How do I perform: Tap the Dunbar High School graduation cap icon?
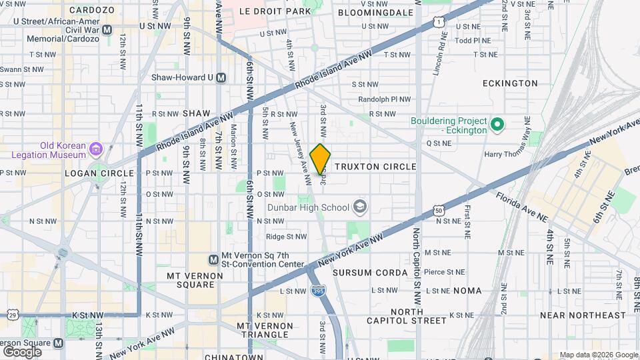361,207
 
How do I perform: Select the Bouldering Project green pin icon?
496,125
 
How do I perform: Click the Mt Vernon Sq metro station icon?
214,259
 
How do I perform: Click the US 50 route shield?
438,211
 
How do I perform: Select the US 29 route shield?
12,314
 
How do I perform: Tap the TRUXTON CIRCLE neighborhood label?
375,167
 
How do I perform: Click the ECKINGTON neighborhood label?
510,83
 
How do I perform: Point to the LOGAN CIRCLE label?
91,173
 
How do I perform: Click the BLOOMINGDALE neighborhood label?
377,12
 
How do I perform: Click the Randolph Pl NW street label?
384,99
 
